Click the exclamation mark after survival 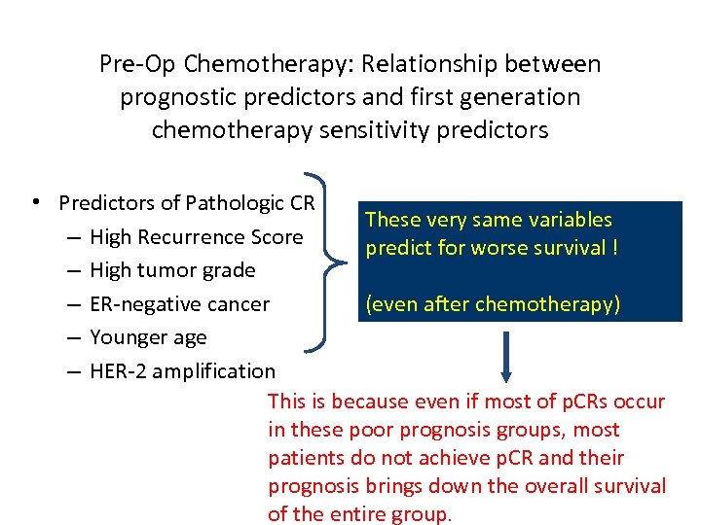point(614,248)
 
